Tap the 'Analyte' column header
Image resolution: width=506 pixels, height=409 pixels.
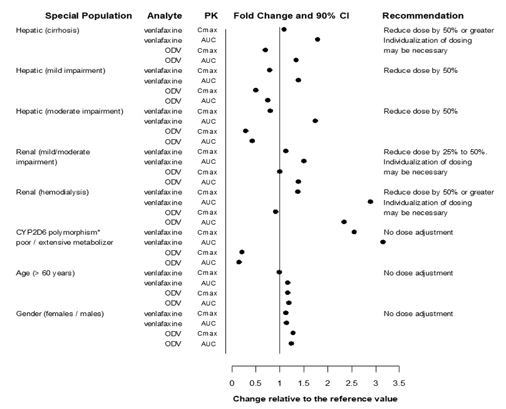[x=163, y=15]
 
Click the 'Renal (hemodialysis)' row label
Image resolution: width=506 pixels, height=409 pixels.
[x=52, y=191]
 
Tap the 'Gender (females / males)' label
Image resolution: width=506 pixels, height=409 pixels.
[x=59, y=313]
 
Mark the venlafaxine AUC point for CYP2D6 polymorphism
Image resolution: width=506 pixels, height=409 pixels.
[x=383, y=242]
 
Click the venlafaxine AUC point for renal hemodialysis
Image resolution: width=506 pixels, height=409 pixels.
[x=370, y=201]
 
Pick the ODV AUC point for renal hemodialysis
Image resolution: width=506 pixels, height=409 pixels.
[x=344, y=222]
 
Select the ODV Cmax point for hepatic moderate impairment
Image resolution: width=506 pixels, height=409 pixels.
[x=245, y=131]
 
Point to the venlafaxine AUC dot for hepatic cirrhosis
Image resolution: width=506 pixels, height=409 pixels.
[x=318, y=40]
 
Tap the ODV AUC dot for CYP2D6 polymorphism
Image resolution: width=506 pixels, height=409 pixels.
[x=239, y=262]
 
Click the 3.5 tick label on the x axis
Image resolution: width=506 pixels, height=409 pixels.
[x=399, y=383]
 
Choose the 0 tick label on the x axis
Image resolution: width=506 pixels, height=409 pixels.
[x=232, y=383]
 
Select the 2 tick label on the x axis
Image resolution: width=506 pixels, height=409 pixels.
[x=328, y=383]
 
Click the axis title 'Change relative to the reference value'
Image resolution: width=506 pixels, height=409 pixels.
[x=315, y=398]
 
